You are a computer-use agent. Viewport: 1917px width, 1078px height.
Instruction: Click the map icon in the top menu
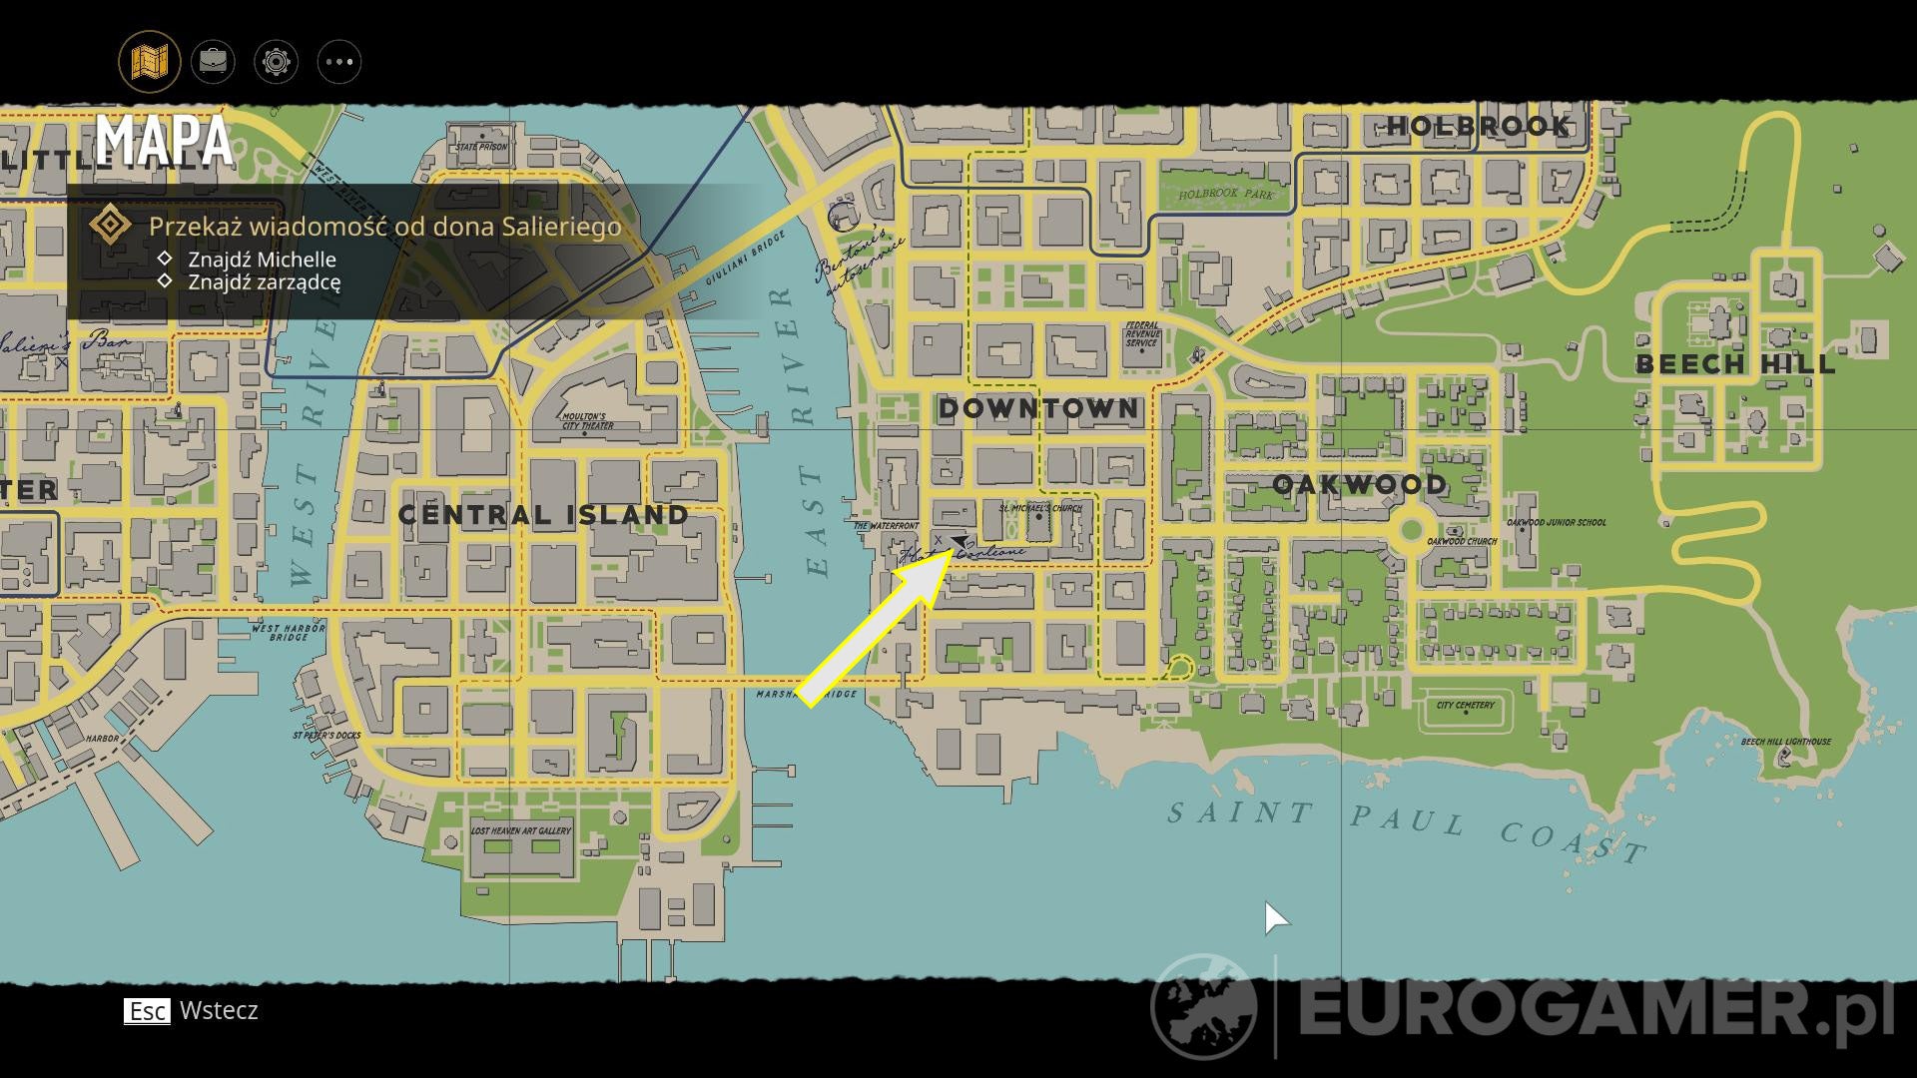pos(150,62)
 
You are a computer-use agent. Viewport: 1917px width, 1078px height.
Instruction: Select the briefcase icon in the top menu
pos(213,62)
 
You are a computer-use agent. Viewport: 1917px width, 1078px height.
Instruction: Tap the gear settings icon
pos(276,62)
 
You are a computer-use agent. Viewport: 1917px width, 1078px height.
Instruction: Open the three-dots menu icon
pos(338,62)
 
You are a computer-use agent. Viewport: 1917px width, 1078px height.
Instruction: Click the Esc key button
pos(147,1011)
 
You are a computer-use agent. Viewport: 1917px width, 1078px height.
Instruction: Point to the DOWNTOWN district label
pos(1038,408)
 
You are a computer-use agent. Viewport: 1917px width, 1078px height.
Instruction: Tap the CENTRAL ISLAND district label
pos(543,515)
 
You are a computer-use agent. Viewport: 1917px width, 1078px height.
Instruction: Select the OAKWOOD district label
pos(1359,485)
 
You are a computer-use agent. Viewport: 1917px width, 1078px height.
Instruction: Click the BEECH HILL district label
pos(1735,364)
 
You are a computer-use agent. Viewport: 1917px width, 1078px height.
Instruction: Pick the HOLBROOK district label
pos(1479,126)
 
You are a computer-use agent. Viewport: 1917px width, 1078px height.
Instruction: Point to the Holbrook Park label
pos(1226,194)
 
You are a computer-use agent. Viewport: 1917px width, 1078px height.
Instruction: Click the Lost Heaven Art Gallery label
pos(521,830)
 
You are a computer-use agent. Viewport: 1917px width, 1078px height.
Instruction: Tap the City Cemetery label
pos(1466,706)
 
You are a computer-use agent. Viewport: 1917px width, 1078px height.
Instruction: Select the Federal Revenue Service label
pos(1141,334)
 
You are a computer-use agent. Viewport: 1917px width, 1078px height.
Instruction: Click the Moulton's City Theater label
pos(587,421)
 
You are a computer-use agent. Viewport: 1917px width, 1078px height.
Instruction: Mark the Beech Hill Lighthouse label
pos(1785,742)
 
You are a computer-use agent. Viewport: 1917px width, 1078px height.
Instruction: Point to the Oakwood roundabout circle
pos(1411,529)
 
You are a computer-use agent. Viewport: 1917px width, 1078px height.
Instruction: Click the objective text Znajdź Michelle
pos(262,260)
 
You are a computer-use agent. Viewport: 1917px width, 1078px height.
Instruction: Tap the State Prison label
pos(481,147)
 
